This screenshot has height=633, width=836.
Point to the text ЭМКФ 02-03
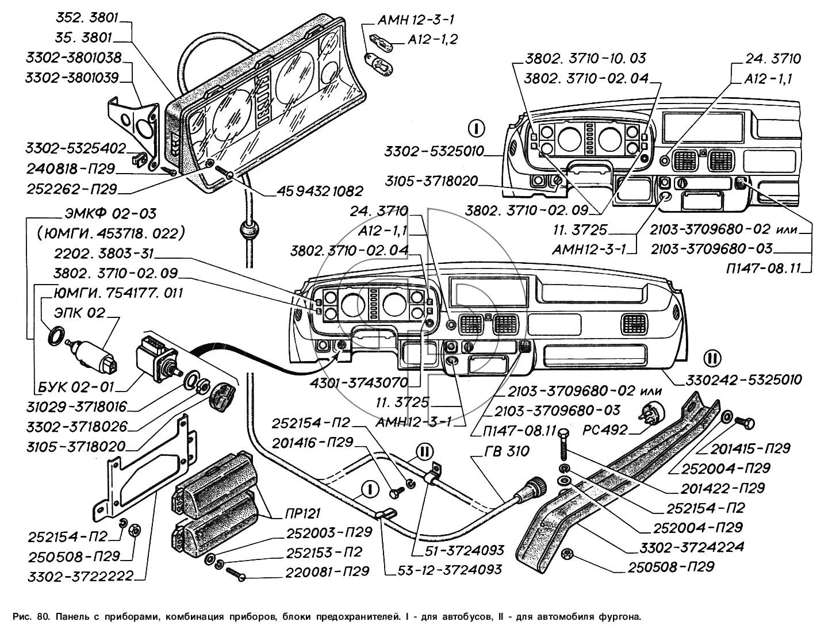(x=108, y=214)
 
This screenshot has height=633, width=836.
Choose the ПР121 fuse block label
(x=302, y=513)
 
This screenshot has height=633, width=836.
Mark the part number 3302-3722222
(x=81, y=576)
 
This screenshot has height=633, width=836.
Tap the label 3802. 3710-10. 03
(x=585, y=58)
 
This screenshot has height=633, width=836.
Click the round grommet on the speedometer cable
(x=248, y=231)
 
